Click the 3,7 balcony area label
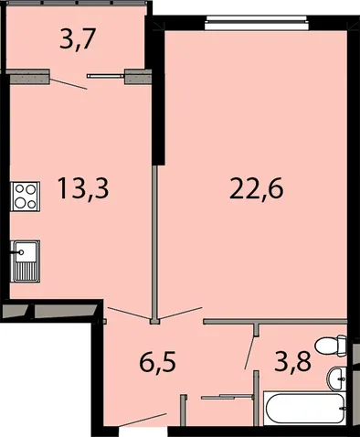click(78, 38)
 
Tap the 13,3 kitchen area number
click(83, 188)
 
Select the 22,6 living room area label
click(257, 188)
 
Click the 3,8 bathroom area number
click(292, 361)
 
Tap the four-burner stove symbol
click(26, 197)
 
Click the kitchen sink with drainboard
click(26, 261)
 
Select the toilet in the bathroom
click(331, 346)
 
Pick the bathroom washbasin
click(337, 379)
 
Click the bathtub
click(305, 409)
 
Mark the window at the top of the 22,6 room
click(257, 23)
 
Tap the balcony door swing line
click(69, 84)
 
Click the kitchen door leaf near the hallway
click(129, 314)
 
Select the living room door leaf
click(181, 314)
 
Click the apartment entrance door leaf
click(143, 420)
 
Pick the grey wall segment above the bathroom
click(275, 321)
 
